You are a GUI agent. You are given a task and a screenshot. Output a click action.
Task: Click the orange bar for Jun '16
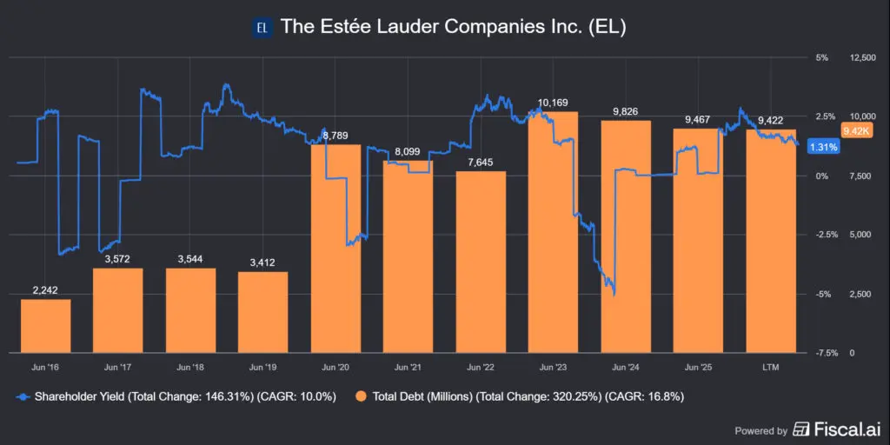(x=45, y=326)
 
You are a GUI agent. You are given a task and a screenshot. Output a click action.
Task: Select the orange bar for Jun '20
(x=335, y=248)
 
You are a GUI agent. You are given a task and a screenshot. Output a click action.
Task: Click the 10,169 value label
(x=554, y=103)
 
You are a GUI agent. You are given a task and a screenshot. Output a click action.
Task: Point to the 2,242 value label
(x=45, y=290)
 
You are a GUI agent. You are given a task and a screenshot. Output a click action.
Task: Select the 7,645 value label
(x=481, y=163)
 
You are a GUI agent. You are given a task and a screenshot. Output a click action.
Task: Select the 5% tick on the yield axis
(x=822, y=57)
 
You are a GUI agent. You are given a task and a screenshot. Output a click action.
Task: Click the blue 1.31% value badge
(x=822, y=147)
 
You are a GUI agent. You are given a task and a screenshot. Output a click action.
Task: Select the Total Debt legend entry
(x=513, y=397)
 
